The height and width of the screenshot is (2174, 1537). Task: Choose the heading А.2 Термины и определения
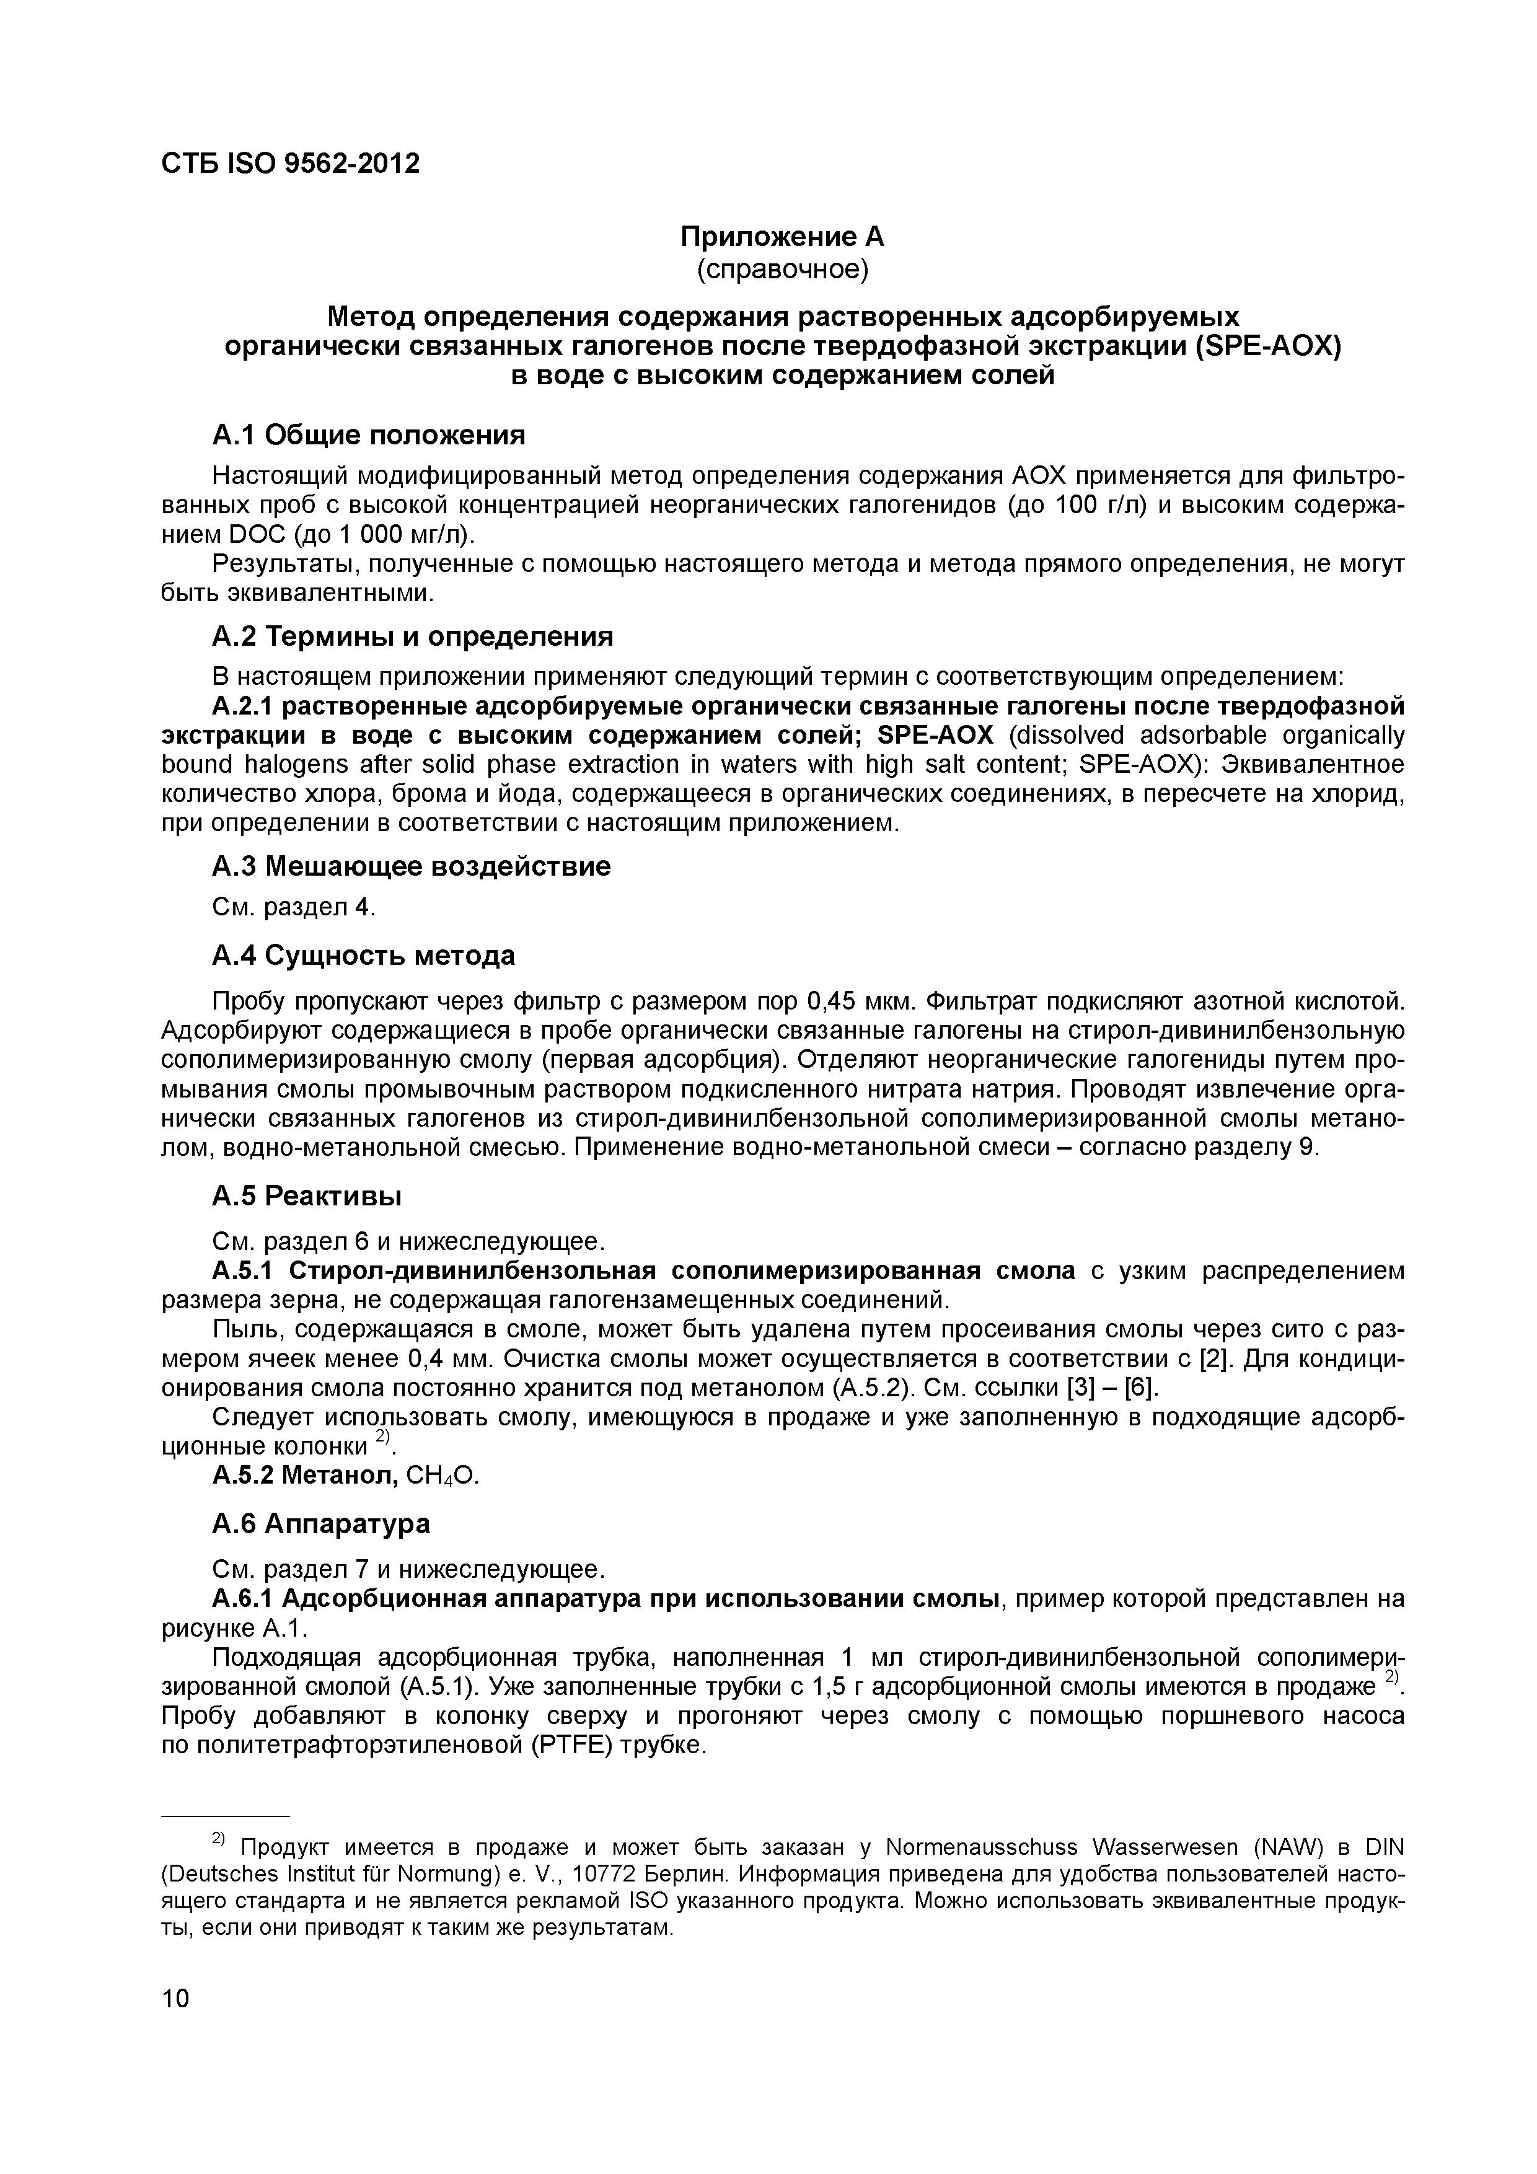click(x=412, y=636)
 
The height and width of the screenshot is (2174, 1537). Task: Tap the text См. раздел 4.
click(x=294, y=907)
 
